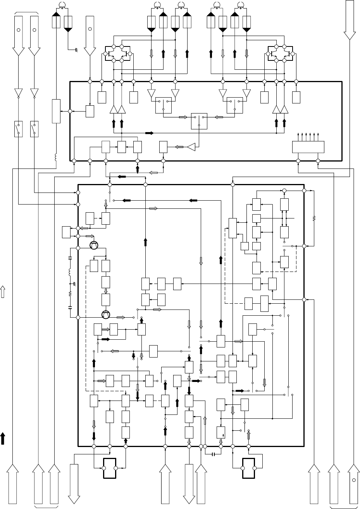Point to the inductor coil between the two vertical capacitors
(70, 272)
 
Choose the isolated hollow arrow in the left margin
(3, 292)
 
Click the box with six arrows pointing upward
(308, 147)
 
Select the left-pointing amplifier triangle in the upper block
(191, 147)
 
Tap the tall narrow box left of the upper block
(56, 111)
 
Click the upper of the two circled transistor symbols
(94, 245)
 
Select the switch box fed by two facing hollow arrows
(199, 121)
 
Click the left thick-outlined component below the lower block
(110, 469)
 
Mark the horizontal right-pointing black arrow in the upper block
(149, 133)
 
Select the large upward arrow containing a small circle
(354, 484)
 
